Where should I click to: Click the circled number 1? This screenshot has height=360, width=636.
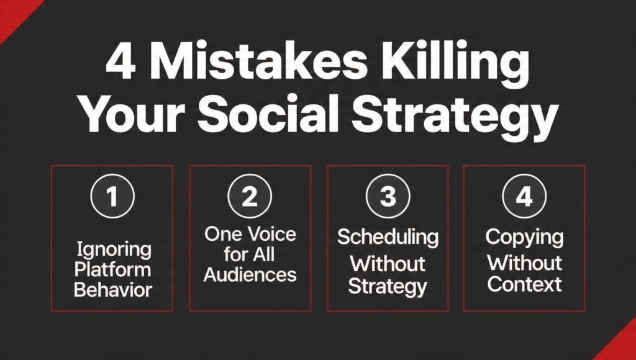pos(112,197)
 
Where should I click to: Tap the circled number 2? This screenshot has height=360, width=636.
pos(250,197)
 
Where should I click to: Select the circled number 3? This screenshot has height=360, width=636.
pos(388,197)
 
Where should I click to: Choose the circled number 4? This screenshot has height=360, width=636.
pos(525,197)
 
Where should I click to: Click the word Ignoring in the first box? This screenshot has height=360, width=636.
pos(113,250)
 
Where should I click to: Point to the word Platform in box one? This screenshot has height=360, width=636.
pos(113,270)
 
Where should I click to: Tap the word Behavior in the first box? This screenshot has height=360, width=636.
pos(113,290)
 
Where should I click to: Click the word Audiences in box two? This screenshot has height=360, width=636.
pos(250,275)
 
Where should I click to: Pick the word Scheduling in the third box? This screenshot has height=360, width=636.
pos(388,236)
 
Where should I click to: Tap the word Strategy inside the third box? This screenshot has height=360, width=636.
pos(388,287)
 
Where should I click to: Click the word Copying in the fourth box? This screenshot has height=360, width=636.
pos(525,236)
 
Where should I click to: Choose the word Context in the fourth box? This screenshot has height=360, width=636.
pos(525,285)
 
